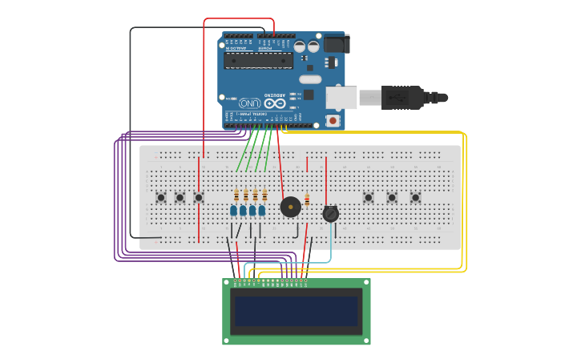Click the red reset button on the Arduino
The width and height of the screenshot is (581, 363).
click(x=333, y=120)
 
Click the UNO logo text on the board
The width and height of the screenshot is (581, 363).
click(x=249, y=103)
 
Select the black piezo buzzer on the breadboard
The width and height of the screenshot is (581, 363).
click(x=291, y=207)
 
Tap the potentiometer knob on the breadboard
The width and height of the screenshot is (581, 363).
click(x=331, y=214)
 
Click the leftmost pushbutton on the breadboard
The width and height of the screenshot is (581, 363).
click(x=160, y=197)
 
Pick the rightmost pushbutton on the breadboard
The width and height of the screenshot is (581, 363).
click(x=415, y=197)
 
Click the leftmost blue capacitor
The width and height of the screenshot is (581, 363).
click(x=234, y=211)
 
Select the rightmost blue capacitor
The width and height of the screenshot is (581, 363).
click(x=262, y=211)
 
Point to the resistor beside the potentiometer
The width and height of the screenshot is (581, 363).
click(x=307, y=200)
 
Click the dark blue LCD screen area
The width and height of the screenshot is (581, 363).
click(x=296, y=311)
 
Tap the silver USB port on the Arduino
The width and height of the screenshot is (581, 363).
click(x=341, y=98)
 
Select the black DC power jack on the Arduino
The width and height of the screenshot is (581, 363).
click(x=335, y=43)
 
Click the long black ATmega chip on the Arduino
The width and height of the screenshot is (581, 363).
click(x=258, y=61)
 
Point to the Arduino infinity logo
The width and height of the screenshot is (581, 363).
click(x=275, y=103)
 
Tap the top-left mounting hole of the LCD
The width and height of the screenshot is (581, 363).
click(x=227, y=283)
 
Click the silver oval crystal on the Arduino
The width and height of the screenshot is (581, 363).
click(x=310, y=79)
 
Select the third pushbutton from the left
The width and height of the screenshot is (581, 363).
click(x=199, y=197)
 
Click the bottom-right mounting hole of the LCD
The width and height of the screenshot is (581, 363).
click(x=366, y=341)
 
